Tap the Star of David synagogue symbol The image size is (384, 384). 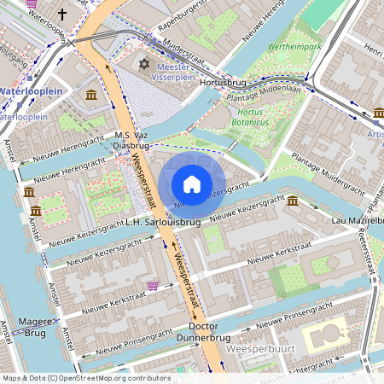click(143, 65)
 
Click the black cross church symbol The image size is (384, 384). click(62, 15)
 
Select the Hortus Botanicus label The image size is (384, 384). click(256, 117)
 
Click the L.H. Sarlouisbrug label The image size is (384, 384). click(162, 222)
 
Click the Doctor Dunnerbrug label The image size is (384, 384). click(203, 332)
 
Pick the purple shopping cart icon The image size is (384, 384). click(152, 286)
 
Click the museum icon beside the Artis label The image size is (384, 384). click(379, 113)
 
